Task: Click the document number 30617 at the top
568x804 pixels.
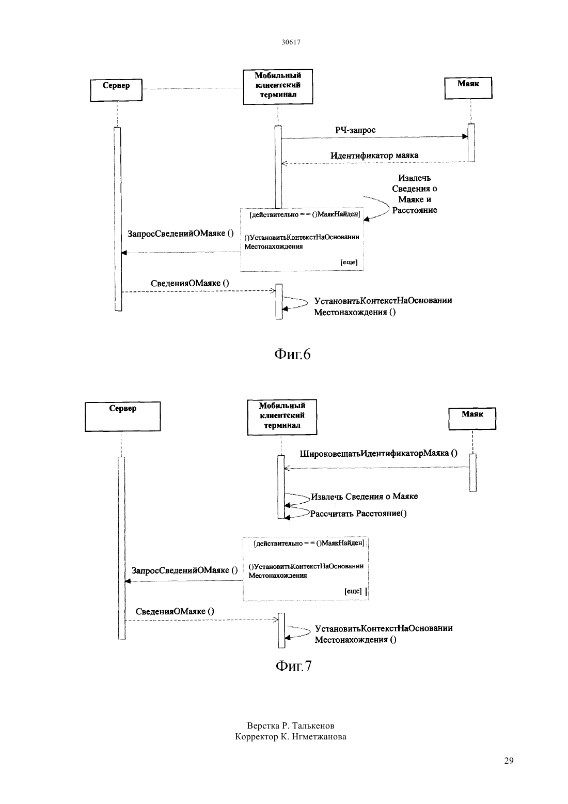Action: click(291, 42)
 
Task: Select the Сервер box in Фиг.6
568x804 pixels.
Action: click(116, 90)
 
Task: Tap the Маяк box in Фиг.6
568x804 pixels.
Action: click(468, 88)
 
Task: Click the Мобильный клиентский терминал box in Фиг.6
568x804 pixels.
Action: click(278, 87)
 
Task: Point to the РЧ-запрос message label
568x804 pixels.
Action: click(355, 130)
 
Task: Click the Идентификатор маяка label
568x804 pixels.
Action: click(374, 156)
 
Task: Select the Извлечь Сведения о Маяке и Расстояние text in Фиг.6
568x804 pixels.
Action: click(415, 194)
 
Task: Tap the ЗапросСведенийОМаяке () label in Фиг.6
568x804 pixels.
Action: click(181, 234)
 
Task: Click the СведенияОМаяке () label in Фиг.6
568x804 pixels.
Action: click(190, 283)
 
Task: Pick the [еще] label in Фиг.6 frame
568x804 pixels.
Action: click(349, 262)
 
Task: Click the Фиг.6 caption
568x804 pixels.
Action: click(293, 354)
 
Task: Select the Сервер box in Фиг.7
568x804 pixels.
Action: click(123, 416)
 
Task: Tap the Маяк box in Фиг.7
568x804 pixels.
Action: click(472, 419)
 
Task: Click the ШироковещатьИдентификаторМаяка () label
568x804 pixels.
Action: click(378, 453)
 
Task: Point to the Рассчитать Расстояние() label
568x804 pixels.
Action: click(358, 514)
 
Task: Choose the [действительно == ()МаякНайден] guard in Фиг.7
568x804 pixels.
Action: click(309, 544)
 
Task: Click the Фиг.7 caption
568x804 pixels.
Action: click(294, 666)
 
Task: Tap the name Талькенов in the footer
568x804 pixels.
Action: click(313, 726)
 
